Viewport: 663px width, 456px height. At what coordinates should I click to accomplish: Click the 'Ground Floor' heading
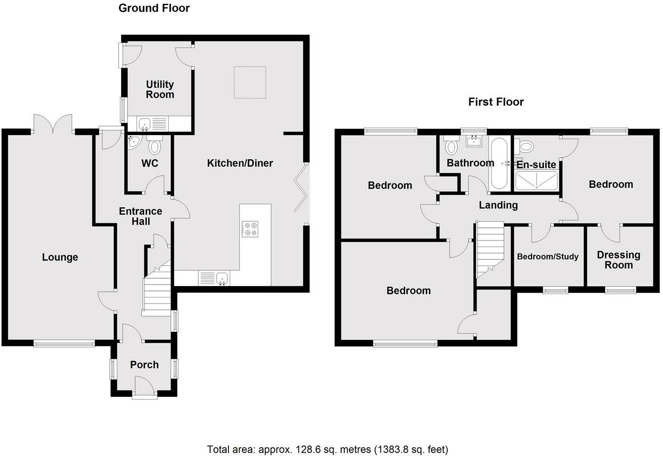click(154, 8)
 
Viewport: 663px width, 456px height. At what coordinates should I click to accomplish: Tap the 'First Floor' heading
click(496, 102)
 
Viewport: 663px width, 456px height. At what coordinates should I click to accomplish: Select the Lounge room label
click(60, 257)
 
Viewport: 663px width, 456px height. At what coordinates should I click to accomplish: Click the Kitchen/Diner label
click(240, 163)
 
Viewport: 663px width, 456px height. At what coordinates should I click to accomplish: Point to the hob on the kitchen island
click(250, 229)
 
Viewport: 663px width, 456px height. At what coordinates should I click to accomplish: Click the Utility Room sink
click(144, 124)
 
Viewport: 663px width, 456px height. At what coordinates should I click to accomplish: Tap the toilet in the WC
click(154, 145)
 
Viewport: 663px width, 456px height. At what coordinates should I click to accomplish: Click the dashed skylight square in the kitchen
click(250, 82)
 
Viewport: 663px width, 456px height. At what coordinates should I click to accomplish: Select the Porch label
click(145, 365)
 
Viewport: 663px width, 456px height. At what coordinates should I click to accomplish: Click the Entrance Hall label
click(141, 216)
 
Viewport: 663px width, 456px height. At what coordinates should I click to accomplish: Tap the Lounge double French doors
click(53, 124)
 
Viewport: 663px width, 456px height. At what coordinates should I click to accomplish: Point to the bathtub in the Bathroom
click(499, 163)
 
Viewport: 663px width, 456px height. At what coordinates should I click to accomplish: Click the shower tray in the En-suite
click(536, 180)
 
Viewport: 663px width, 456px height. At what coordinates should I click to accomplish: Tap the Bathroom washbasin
click(474, 141)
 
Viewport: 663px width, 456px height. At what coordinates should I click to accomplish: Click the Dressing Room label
click(619, 260)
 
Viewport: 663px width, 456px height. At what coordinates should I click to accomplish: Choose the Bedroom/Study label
click(548, 256)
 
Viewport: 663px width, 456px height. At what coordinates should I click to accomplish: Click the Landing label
click(499, 205)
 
